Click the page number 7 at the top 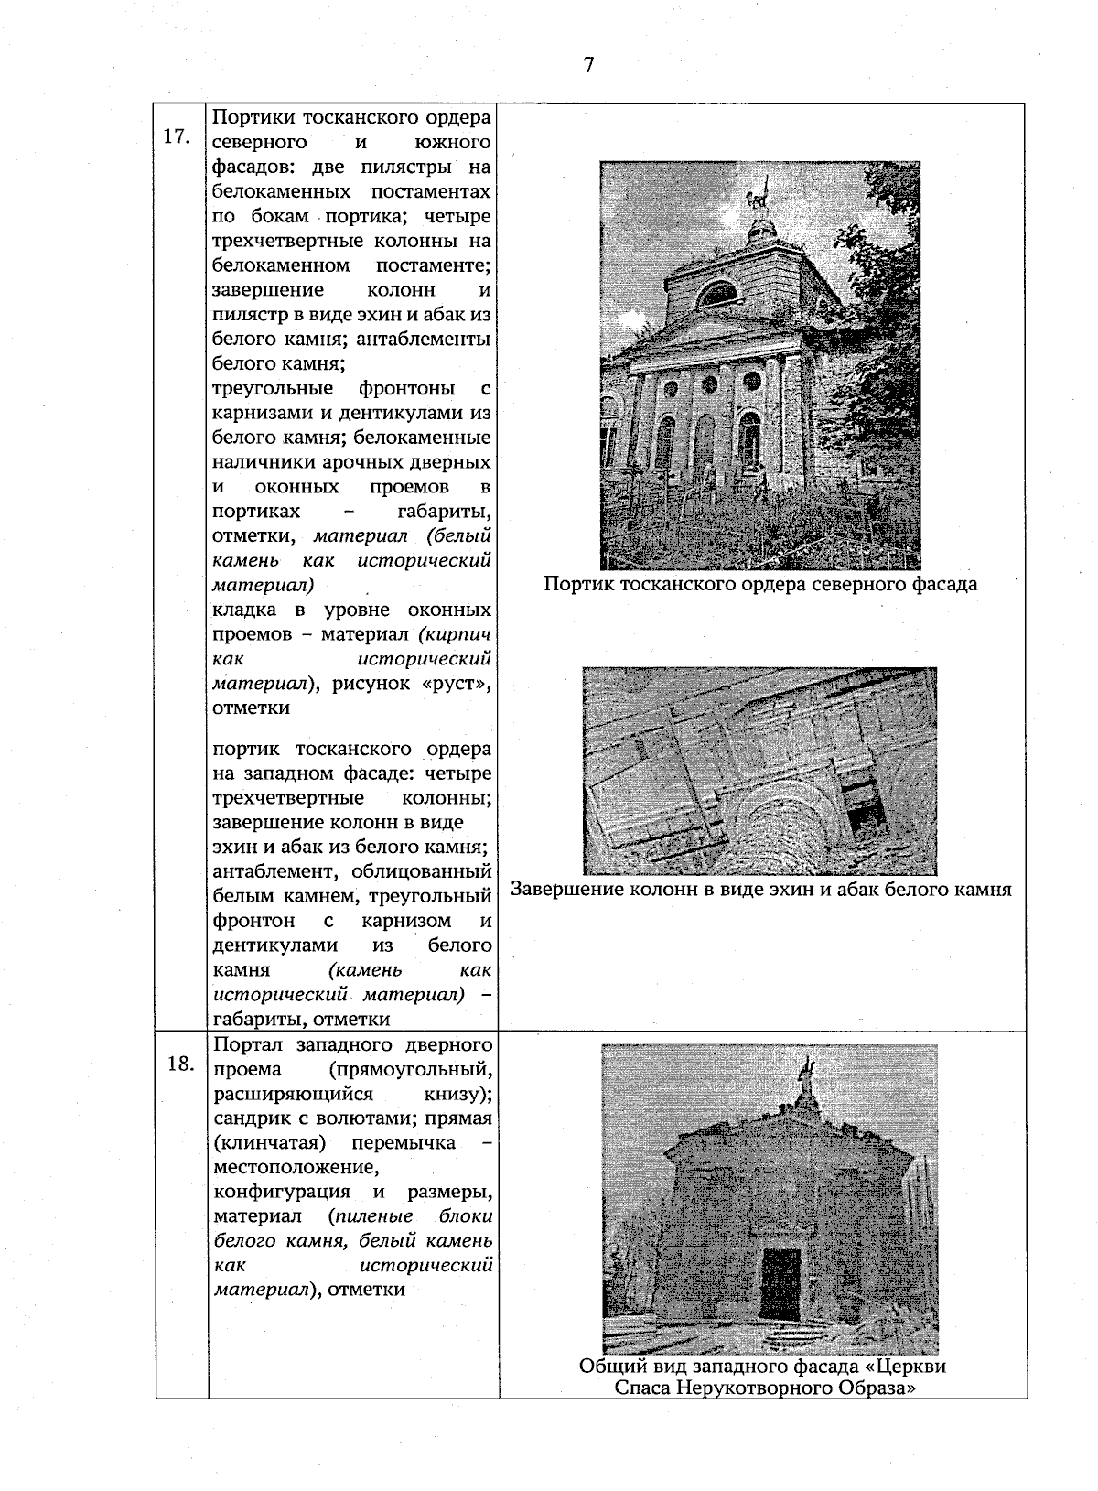point(588,65)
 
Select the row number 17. point(176,136)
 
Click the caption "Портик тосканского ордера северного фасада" point(759,584)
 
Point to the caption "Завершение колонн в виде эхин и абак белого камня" point(760,889)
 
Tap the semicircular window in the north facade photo point(718,293)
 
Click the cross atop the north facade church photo point(757,195)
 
